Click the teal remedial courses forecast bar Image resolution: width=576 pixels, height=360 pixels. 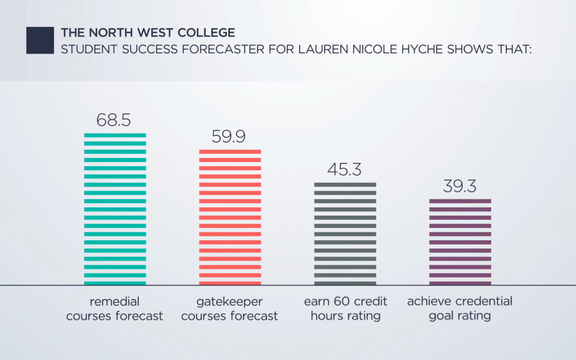coord(115,209)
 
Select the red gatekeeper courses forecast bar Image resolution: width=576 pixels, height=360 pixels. coord(230,217)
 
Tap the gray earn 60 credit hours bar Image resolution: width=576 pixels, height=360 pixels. coord(345,234)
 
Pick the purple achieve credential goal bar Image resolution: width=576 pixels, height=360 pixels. coord(460,242)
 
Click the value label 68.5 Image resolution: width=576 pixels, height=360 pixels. coord(114,120)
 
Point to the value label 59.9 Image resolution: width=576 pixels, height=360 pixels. coord(229,137)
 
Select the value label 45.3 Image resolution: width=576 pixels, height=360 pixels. coord(344,169)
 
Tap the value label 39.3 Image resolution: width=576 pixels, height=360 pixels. coord(459,186)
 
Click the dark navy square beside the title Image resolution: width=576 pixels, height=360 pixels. coord(40,40)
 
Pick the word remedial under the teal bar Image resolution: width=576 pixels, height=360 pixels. coord(114,301)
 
